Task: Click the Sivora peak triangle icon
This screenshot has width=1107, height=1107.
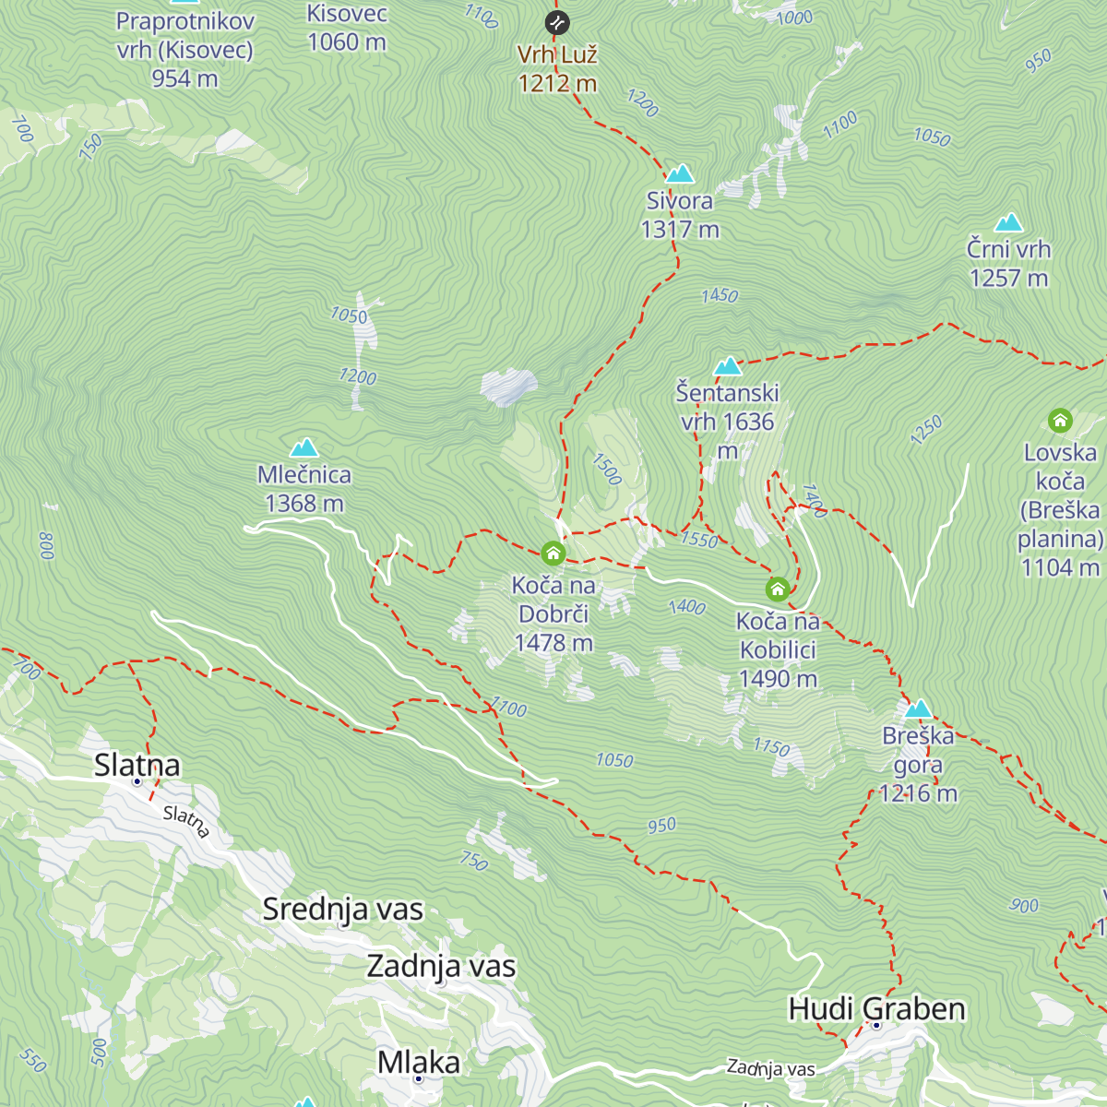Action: coord(680,173)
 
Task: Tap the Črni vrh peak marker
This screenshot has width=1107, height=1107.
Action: coord(1008,222)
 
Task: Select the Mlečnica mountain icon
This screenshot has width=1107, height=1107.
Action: coord(304,448)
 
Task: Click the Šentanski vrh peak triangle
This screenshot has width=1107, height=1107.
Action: coord(728,366)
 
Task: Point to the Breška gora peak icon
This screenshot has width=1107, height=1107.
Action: coord(918,708)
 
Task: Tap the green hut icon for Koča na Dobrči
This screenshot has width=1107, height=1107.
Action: coord(553,553)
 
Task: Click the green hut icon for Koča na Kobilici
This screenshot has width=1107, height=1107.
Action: coord(778,589)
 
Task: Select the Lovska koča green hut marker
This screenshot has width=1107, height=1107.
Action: coord(1060,421)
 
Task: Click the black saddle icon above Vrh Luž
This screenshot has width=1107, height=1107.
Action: coord(556,22)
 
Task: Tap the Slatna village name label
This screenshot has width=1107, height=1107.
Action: coord(137,764)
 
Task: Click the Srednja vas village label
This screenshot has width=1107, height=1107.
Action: coord(342,909)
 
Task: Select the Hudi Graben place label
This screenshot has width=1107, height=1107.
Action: coord(876,1008)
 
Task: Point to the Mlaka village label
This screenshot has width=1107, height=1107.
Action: coord(419,1062)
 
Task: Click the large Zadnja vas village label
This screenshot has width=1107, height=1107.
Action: coord(441,966)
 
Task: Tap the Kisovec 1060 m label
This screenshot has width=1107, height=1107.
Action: coord(347,29)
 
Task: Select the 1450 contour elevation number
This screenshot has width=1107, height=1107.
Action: coord(720,295)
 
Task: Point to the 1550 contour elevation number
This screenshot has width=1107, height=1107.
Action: coord(699,540)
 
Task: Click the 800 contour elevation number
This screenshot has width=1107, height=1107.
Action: coord(47,545)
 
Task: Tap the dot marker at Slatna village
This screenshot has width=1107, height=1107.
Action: coord(137,781)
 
